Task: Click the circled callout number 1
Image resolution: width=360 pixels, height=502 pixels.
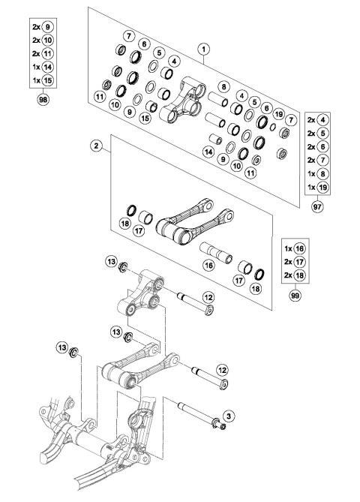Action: click(x=202, y=47)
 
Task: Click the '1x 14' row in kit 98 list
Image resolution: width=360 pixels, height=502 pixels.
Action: click(x=42, y=66)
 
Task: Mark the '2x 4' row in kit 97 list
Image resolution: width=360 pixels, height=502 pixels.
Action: click(x=319, y=121)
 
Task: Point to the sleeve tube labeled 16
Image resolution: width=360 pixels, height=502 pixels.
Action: click(x=214, y=248)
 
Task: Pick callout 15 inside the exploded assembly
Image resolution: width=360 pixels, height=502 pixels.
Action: click(x=145, y=118)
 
